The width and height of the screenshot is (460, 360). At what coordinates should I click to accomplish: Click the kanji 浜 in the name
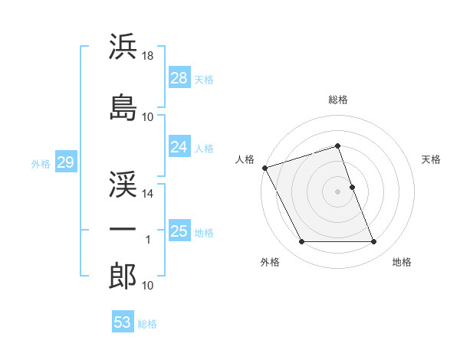click(x=123, y=47)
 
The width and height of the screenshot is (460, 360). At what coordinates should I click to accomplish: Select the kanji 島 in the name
click(x=123, y=107)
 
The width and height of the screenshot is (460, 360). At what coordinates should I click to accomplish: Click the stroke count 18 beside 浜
click(x=148, y=56)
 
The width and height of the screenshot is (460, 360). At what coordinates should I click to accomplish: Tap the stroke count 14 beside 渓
click(x=148, y=194)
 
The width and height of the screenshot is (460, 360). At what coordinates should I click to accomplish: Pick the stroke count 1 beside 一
click(x=148, y=240)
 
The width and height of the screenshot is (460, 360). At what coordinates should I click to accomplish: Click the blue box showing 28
click(x=179, y=78)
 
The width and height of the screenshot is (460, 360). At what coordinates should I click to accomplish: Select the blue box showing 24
click(x=179, y=147)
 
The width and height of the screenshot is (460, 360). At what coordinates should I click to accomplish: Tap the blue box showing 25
click(x=179, y=231)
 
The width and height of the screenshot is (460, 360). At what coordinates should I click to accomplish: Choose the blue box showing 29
click(x=65, y=162)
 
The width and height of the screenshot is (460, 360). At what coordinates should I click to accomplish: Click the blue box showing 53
click(x=123, y=322)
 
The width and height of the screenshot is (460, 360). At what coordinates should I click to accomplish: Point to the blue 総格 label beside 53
click(x=147, y=323)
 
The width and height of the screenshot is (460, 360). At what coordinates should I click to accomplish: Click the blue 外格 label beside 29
click(x=41, y=163)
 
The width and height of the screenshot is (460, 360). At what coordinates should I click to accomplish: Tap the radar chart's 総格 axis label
click(x=338, y=100)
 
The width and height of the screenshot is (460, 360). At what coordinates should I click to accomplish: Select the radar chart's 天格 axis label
click(x=432, y=159)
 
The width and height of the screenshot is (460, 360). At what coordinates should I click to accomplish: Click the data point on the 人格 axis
click(x=264, y=168)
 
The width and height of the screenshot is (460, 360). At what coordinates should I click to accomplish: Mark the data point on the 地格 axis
click(x=374, y=242)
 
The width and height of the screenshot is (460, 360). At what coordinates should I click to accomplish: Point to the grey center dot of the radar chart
click(x=338, y=191)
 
